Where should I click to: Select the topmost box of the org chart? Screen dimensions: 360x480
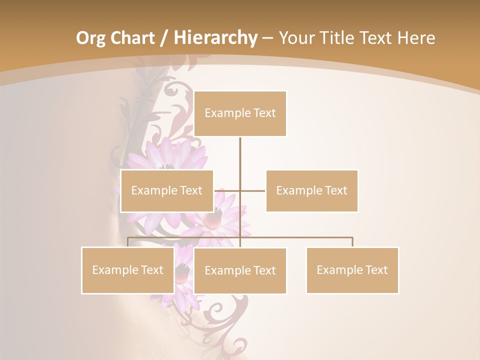(x=240, y=113)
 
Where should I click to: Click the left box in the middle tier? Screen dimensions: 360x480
(x=167, y=190)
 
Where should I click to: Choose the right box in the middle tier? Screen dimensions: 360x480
(x=311, y=190)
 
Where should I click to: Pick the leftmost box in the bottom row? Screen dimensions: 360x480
(x=127, y=270)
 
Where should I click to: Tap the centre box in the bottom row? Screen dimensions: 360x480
(x=240, y=270)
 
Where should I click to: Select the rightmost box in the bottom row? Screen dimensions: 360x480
(x=352, y=270)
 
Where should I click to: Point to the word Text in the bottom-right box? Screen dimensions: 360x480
(x=376, y=270)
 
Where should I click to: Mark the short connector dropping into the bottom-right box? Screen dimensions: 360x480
(x=352, y=242)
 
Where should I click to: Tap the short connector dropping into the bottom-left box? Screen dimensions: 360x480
(x=128, y=242)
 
